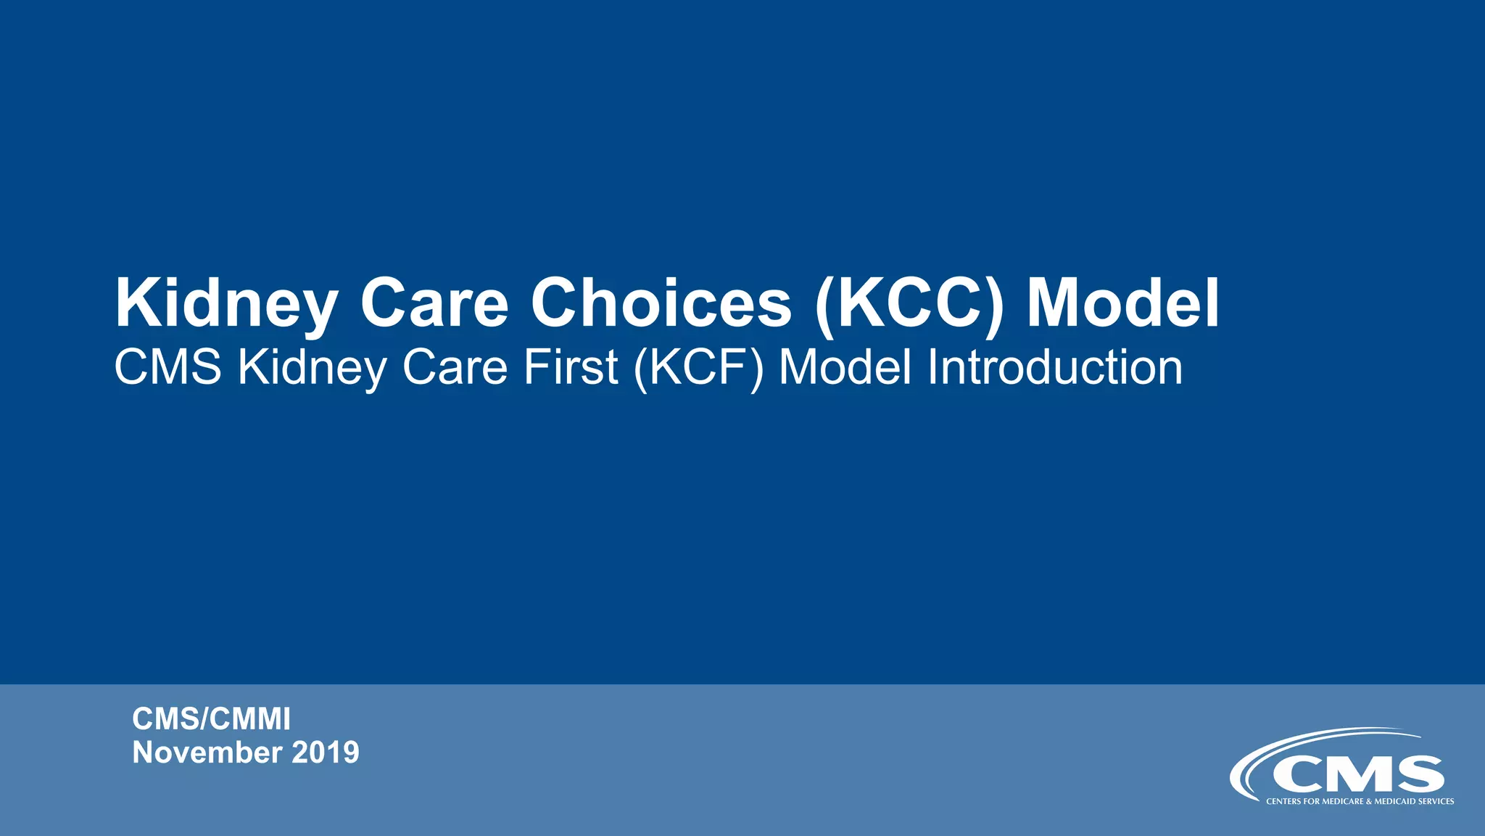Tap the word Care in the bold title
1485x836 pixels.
[435, 303]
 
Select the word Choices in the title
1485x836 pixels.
[661, 303]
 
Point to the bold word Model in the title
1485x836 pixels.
[1122, 303]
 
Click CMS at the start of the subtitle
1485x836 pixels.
[168, 367]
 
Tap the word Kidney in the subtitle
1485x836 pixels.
[313, 367]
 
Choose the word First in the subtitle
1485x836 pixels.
[571, 367]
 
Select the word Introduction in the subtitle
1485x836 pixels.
[1055, 367]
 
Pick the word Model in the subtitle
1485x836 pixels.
[845, 367]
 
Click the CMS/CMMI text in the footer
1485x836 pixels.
[211, 719]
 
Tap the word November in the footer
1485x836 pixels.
[207, 753]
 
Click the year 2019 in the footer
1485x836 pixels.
[326, 753]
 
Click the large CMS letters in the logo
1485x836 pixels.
[1357, 775]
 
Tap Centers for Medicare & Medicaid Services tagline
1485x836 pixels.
[1360, 801]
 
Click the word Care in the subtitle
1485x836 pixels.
[455, 367]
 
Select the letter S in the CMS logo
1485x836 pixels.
[1419, 775]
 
